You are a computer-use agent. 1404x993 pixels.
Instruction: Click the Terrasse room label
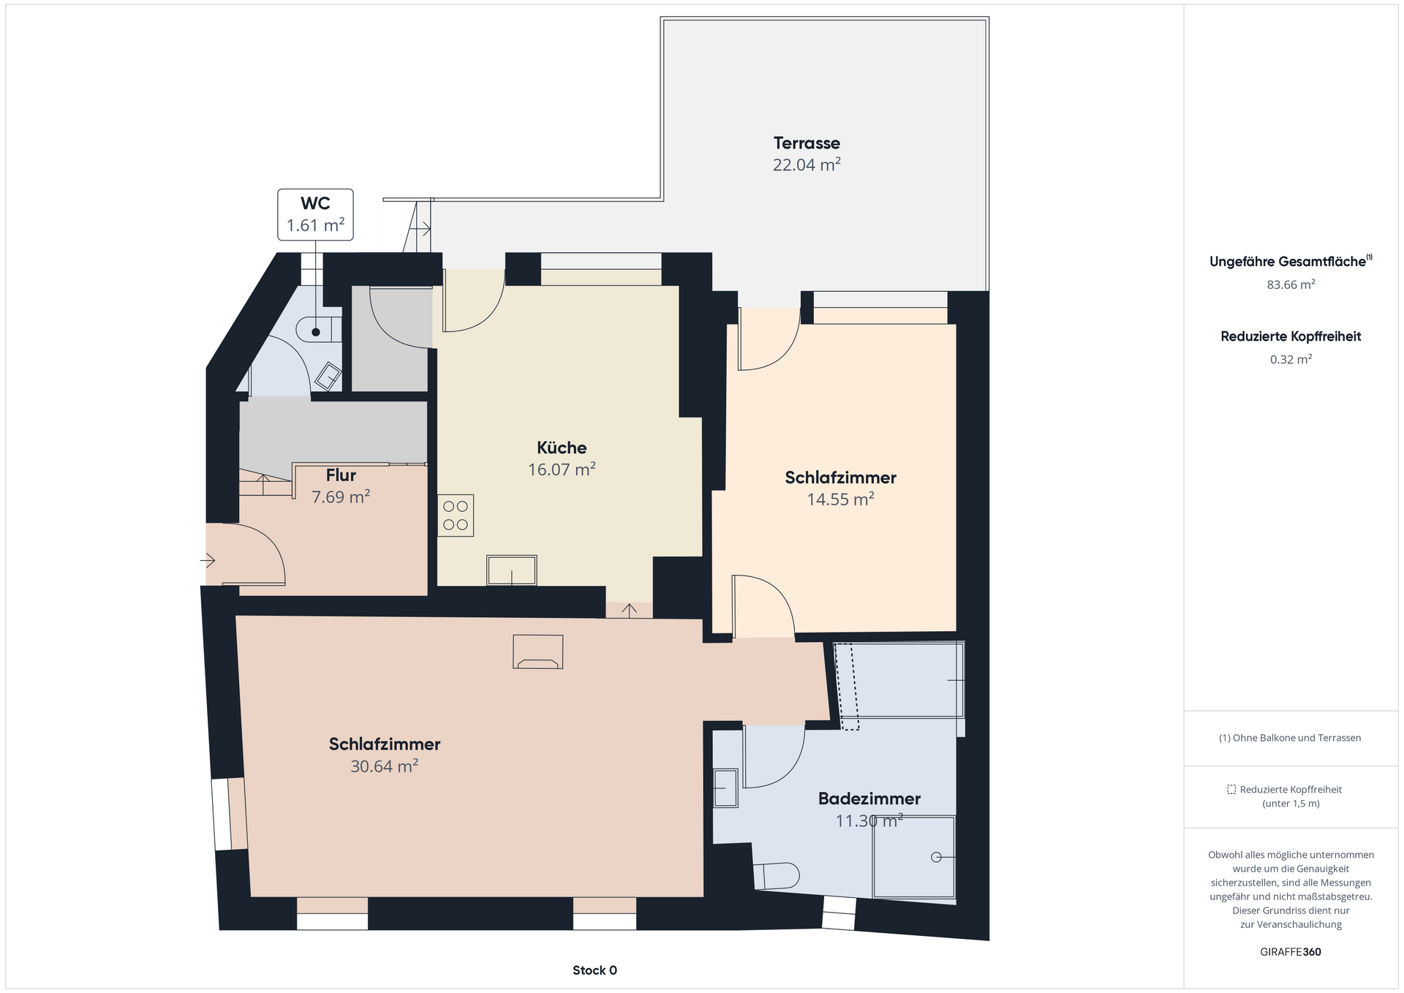click(x=807, y=143)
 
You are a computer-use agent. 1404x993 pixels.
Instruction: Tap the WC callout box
click(x=315, y=214)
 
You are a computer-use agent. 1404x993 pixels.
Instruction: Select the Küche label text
click(x=562, y=448)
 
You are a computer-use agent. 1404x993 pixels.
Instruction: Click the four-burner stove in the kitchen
click(x=456, y=516)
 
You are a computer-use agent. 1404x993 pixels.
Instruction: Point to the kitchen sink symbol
click(x=512, y=570)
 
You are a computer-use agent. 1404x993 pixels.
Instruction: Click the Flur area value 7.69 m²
click(x=341, y=497)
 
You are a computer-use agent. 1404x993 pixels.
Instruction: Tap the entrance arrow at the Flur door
click(x=208, y=561)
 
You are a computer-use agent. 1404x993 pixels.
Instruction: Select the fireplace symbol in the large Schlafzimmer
click(x=538, y=652)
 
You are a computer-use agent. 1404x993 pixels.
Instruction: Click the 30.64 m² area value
click(x=384, y=766)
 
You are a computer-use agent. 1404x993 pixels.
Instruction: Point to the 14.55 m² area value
click(x=840, y=499)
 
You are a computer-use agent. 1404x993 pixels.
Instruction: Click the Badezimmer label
click(x=869, y=798)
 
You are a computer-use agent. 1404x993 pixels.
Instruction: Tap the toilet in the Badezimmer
click(x=776, y=876)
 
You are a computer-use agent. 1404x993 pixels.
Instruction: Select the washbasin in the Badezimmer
click(x=725, y=788)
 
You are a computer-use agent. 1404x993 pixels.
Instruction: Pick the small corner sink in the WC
click(x=328, y=377)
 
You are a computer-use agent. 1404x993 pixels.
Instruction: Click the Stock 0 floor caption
click(x=595, y=970)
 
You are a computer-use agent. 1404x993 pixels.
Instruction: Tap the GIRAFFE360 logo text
click(x=1291, y=952)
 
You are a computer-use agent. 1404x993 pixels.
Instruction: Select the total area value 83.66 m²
click(x=1291, y=284)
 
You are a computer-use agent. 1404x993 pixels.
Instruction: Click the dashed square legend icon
click(x=1231, y=790)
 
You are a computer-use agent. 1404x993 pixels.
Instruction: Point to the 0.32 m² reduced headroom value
click(x=1291, y=359)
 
